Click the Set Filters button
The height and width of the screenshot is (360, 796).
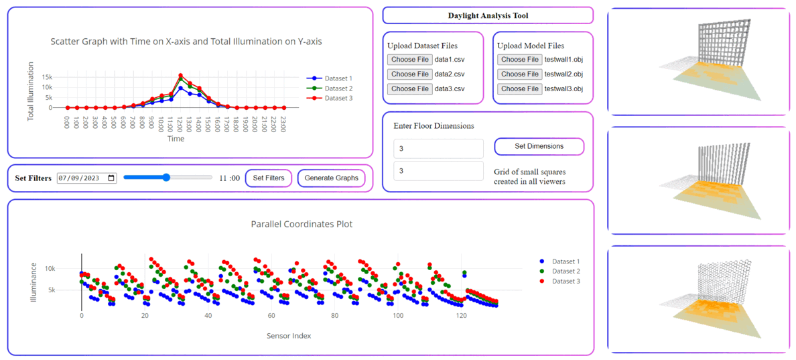click(268, 178)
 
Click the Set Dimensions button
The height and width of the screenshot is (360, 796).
click(539, 146)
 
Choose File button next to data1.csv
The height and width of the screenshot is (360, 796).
click(409, 60)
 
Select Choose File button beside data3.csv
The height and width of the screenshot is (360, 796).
click(409, 89)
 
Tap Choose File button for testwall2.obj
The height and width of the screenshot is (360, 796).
click(519, 74)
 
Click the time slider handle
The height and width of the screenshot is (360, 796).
click(167, 178)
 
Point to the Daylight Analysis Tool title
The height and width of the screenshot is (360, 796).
click(487, 15)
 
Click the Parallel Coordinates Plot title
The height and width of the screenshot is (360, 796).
click(302, 225)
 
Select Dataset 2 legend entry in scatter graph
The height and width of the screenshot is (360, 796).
click(338, 88)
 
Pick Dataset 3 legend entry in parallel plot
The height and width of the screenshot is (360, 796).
click(566, 281)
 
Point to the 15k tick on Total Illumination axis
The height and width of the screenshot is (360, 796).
click(48, 77)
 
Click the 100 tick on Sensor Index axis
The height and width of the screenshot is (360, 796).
click(398, 316)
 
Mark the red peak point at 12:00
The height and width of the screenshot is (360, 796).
click(181, 75)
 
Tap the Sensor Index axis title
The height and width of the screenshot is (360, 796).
click(289, 335)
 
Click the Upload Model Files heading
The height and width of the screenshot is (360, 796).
click(531, 46)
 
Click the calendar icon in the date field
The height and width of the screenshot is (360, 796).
click(111, 178)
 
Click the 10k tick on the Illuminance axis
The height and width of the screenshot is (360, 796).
click(68, 269)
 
